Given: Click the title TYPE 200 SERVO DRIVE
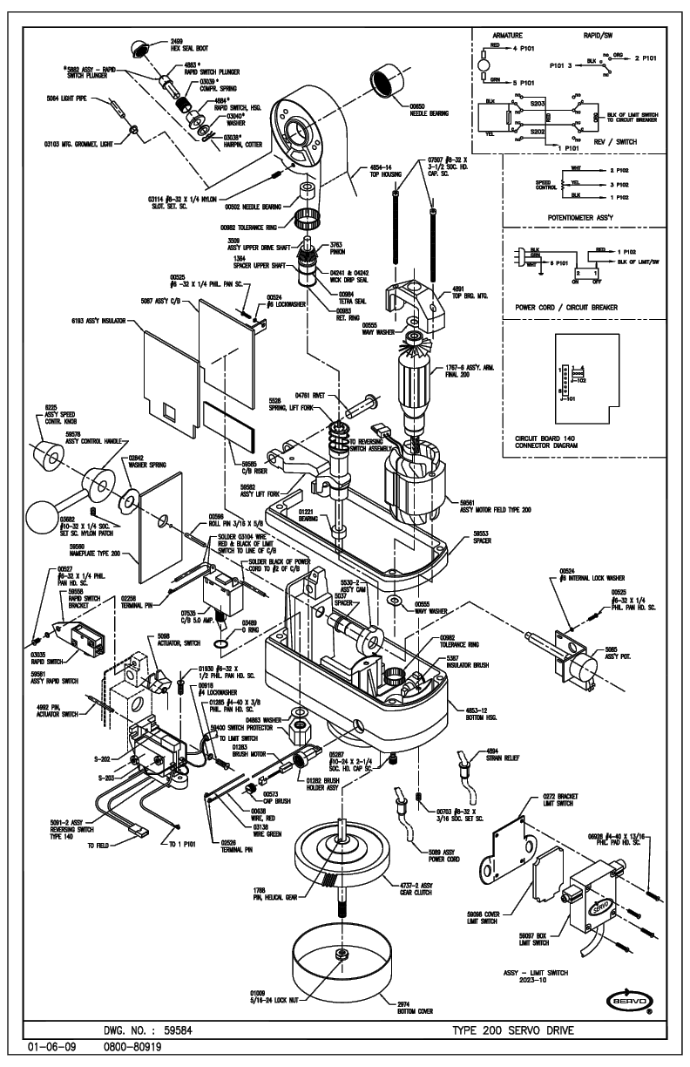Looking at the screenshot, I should (513, 1030).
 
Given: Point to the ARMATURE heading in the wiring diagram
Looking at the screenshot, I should (506, 36).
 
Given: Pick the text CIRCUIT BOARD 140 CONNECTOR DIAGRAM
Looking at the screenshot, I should (538, 441).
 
